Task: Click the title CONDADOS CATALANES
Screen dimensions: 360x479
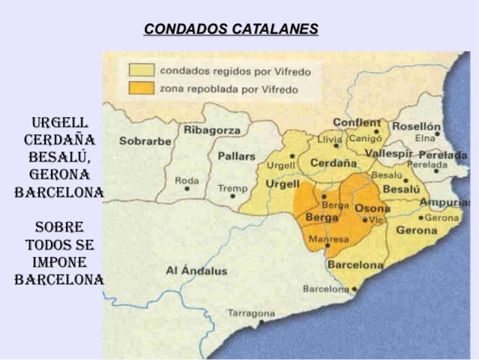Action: point(231,29)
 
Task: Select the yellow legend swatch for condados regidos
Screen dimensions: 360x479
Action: point(142,71)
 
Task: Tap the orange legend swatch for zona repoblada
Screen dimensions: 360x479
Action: point(142,88)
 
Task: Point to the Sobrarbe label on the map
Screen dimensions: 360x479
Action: point(145,140)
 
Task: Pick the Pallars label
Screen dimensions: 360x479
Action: point(236,156)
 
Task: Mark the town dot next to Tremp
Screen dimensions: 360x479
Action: point(233,196)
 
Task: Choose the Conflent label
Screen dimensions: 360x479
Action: point(357,122)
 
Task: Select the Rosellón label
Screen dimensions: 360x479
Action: point(416,126)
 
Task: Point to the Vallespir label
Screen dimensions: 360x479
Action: point(388,152)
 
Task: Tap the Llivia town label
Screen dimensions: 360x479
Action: point(329,139)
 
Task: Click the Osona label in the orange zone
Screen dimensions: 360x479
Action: point(372,208)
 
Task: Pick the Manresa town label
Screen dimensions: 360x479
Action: point(329,239)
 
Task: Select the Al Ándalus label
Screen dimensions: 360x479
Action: point(196,270)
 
